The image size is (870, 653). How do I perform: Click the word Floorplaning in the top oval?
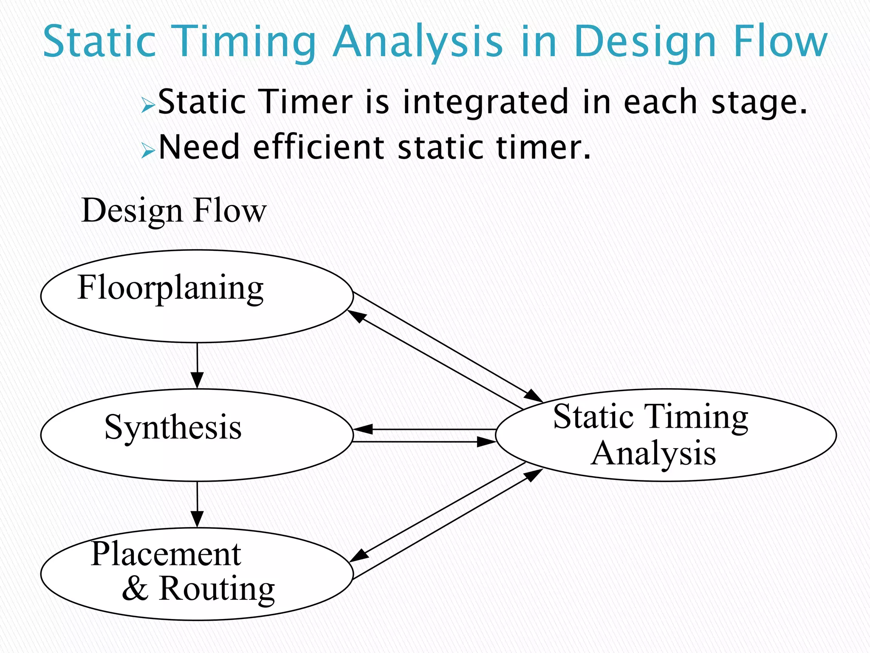point(170,288)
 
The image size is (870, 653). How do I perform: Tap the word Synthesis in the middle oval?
point(173,427)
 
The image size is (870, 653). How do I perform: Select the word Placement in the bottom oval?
point(166,554)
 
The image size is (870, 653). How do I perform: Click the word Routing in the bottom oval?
point(217,590)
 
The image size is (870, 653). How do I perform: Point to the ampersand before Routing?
point(136,589)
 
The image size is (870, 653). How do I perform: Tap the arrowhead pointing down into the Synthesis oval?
point(197,380)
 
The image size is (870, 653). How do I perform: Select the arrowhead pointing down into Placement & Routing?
point(197,519)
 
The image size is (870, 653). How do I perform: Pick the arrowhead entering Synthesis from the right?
point(363,429)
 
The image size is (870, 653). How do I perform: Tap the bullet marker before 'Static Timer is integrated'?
point(147,105)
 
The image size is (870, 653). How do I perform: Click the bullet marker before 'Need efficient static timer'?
point(147,150)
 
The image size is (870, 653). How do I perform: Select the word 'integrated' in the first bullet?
point(485,102)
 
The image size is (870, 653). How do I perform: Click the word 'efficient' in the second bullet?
point(319,147)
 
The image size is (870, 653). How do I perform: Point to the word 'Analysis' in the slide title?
point(417,42)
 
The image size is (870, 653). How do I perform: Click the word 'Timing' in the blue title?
point(246,42)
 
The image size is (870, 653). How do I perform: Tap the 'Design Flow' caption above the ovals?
point(174,210)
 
